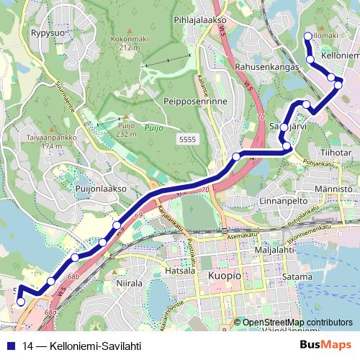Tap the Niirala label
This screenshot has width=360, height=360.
(130, 283)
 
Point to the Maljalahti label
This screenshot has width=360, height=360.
(274, 250)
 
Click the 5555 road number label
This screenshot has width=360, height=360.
(187, 138)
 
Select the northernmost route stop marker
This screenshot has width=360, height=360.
(308, 36)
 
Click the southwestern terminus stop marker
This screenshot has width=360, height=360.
(21, 302)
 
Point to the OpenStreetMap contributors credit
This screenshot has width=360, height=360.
(297, 323)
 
